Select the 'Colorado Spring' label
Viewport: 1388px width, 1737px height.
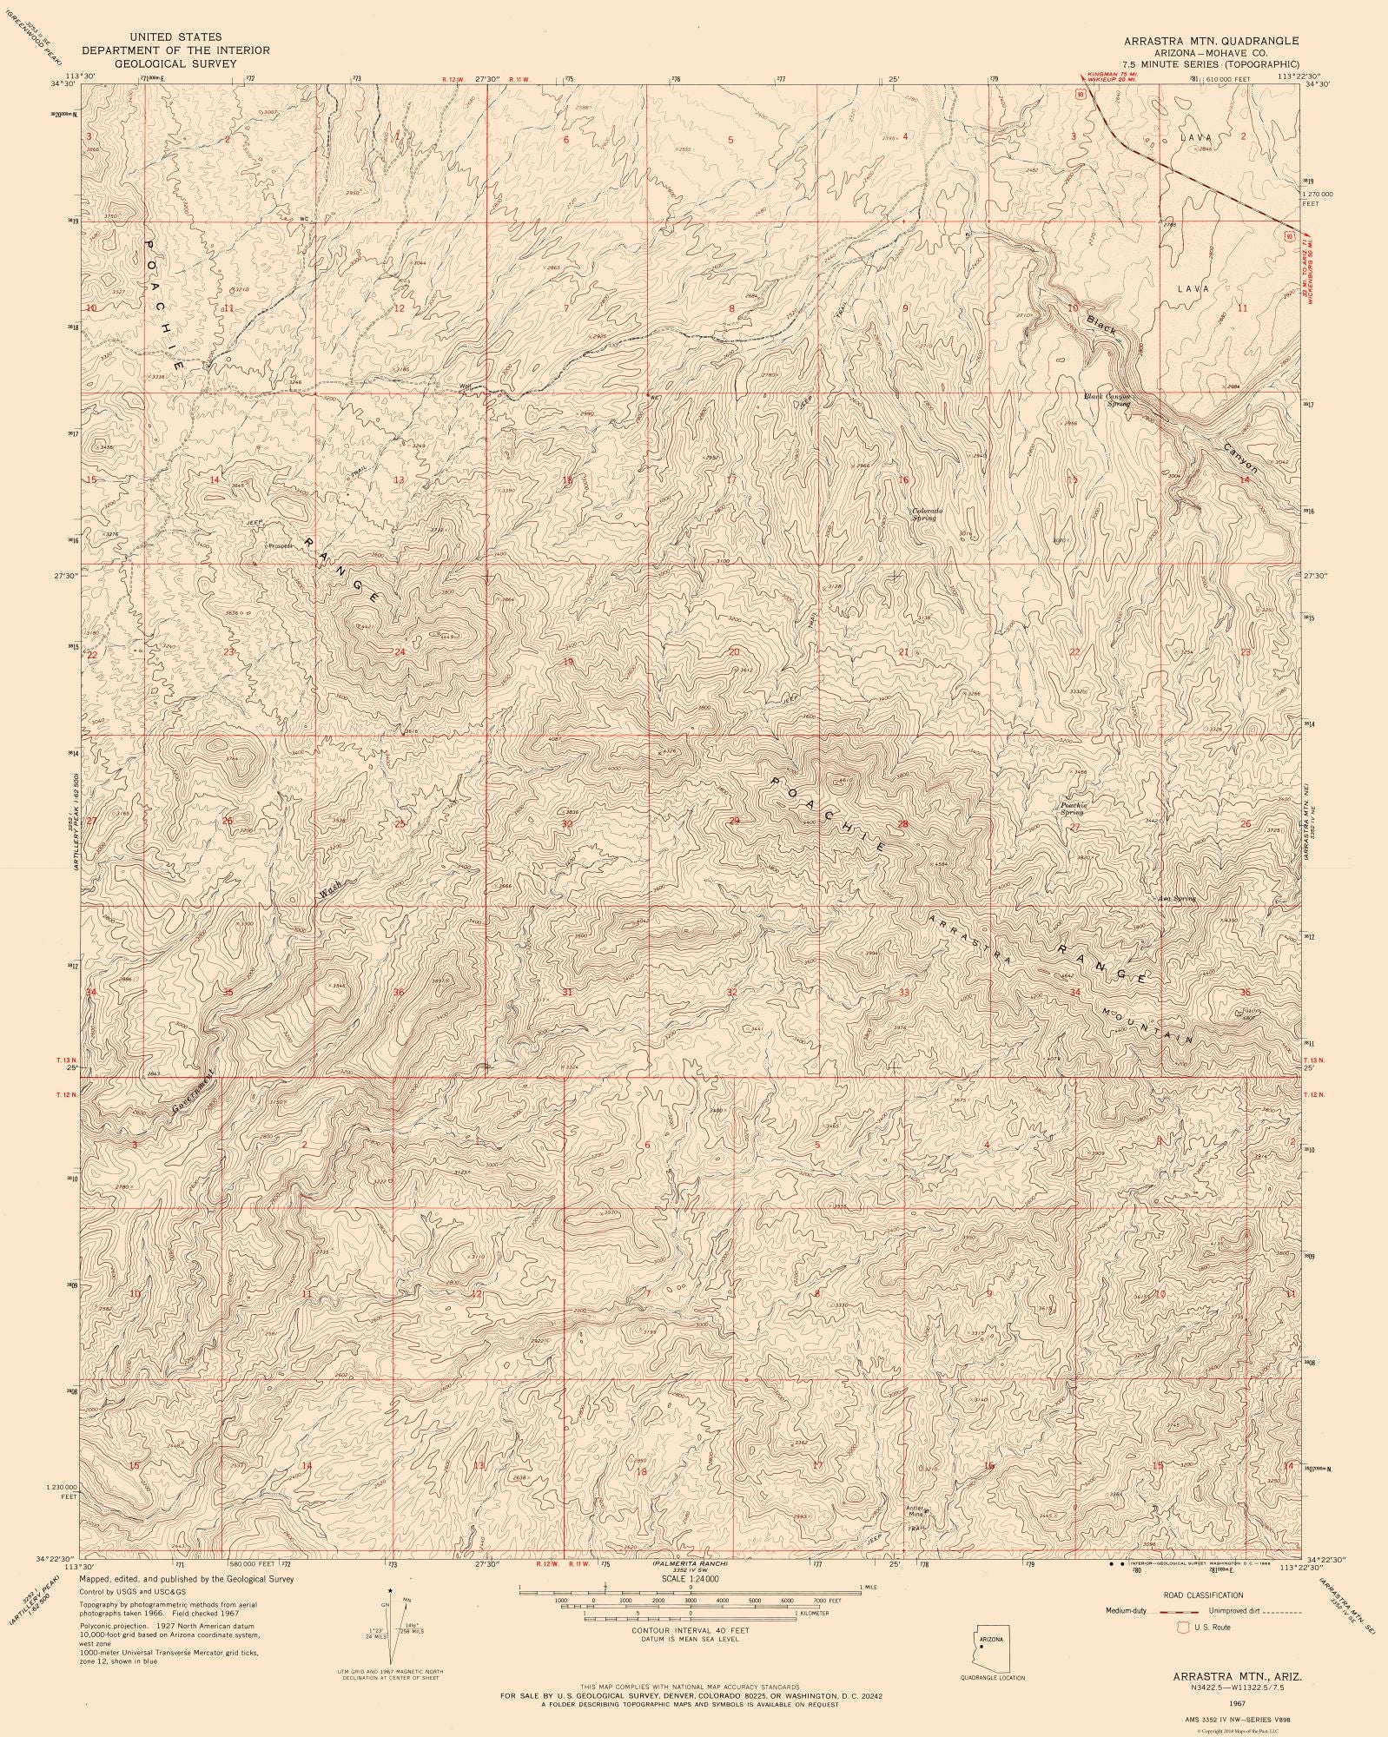(926, 513)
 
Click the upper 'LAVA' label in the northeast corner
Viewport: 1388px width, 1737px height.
(1195, 137)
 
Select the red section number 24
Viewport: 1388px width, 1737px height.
(400, 652)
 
